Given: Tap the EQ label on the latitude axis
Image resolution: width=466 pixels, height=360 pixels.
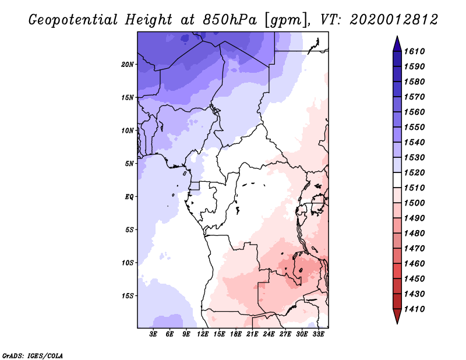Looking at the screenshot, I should [x=129, y=197].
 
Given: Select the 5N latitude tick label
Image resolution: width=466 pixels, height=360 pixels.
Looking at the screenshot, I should [x=129, y=164].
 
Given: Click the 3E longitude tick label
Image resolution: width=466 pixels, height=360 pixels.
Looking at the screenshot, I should [x=154, y=334].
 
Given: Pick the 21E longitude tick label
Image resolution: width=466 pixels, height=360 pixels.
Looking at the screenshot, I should [x=252, y=334].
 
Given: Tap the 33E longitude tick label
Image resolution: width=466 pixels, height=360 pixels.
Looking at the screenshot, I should [x=318, y=334].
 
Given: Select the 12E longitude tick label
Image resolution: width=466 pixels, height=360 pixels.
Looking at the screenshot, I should [x=203, y=334].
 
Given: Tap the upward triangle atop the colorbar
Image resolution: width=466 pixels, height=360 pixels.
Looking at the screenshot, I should [x=397, y=43].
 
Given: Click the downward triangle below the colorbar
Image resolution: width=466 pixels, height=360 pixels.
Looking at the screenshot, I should [x=397, y=316].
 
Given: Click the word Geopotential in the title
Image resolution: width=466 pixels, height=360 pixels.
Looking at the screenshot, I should [x=73, y=20].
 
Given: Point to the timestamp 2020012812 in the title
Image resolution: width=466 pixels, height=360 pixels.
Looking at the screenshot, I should [x=394, y=20].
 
